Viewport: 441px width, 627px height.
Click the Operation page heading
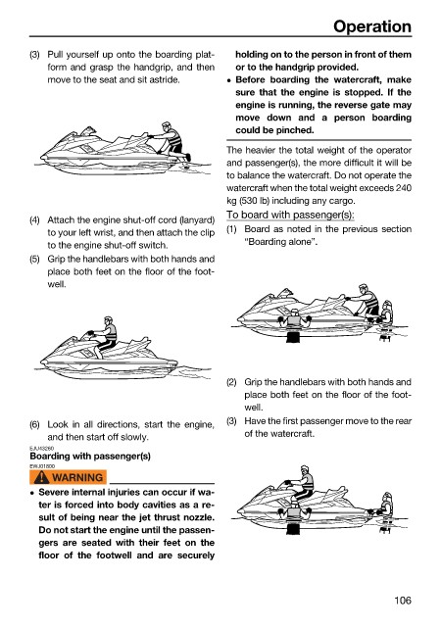(x=372, y=26)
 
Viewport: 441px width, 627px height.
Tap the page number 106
(x=403, y=601)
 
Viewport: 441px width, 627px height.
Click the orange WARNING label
(x=68, y=477)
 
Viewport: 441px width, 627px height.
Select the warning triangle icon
(x=41, y=477)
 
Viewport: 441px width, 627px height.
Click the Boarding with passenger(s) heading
(x=90, y=457)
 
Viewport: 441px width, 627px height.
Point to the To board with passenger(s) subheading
(x=290, y=216)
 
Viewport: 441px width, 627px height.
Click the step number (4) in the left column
(x=35, y=219)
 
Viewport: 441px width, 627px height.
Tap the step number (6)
(x=35, y=424)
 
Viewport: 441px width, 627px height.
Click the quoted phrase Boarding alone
(x=281, y=242)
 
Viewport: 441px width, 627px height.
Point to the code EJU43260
(x=41, y=449)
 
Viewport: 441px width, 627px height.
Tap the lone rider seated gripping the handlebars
(x=103, y=336)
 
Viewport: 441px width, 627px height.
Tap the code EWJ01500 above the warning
(x=42, y=466)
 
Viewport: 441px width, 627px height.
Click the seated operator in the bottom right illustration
(x=301, y=483)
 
